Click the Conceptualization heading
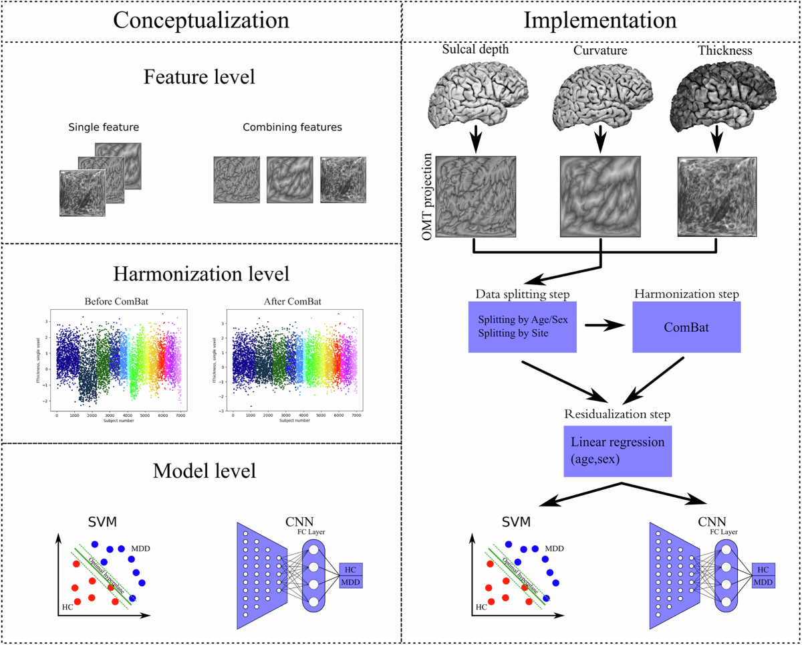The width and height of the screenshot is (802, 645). [x=200, y=20]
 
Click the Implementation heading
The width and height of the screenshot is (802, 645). [x=600, y=20]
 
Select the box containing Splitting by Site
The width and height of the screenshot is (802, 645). [x=522, y=327]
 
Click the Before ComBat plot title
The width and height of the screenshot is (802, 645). [x=121, y=301]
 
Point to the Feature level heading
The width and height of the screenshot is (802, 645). [x=200, y=77]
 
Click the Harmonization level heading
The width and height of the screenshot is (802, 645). [x=200, y=274]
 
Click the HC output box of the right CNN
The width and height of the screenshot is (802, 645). [x=763, y=569]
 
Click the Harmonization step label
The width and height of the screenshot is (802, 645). [x=686, y=294]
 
